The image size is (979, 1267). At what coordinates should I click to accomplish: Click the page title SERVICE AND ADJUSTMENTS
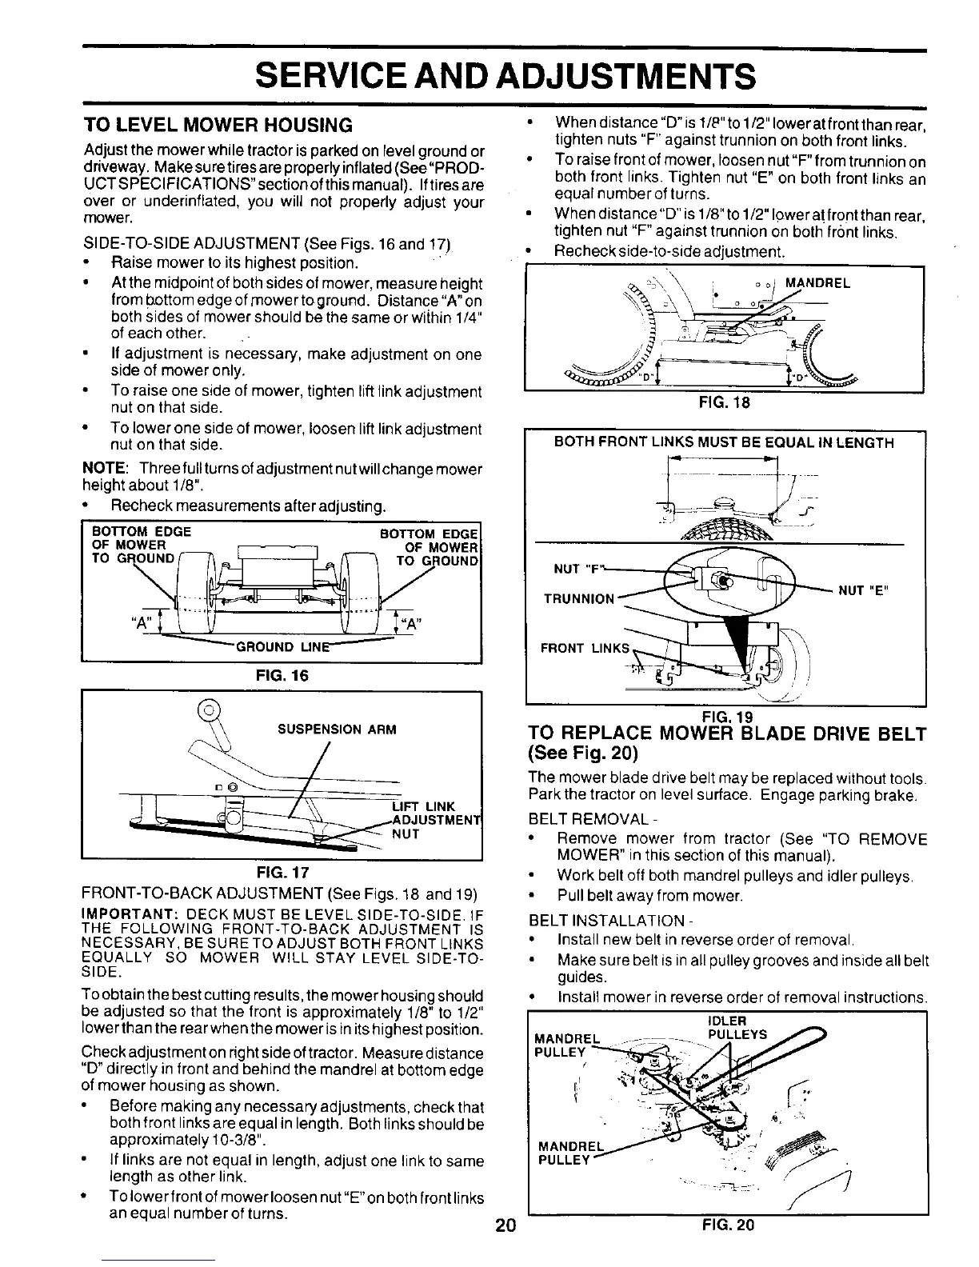504,78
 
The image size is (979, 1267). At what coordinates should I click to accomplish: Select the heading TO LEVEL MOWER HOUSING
218,126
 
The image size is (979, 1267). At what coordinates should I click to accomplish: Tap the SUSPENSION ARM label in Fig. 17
337,729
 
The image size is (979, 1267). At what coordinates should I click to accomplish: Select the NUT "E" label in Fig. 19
864,590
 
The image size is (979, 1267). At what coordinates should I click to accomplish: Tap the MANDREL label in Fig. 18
818,283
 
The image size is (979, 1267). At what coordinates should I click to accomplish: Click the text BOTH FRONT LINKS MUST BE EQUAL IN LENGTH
724,442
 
